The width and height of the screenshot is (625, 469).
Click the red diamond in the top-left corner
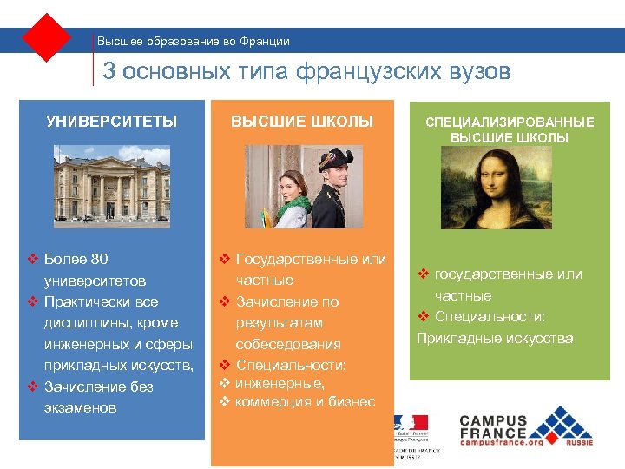pyautogui.click(x=47, y=38)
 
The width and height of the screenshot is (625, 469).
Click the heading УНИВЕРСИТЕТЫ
pyautogui.click(x=111, y=122)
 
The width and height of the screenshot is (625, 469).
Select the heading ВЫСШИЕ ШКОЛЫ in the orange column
pyautogui.click(x=302, y=122)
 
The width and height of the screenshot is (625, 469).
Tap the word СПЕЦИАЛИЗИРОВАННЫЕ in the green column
pyautogui.click(x=510, y=122)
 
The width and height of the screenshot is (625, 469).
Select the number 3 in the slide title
pyautogui.click(x=109, y=71)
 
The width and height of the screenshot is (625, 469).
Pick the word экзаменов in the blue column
pyautogui.click(x=81, y=407)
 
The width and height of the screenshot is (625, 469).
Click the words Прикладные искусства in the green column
pyautogui.click(x=495, y=338)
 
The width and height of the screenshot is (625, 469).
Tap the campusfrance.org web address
pyautogui.click(x=501, y=442)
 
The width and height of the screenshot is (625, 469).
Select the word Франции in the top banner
pyautogui.click(x=263, y=41)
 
